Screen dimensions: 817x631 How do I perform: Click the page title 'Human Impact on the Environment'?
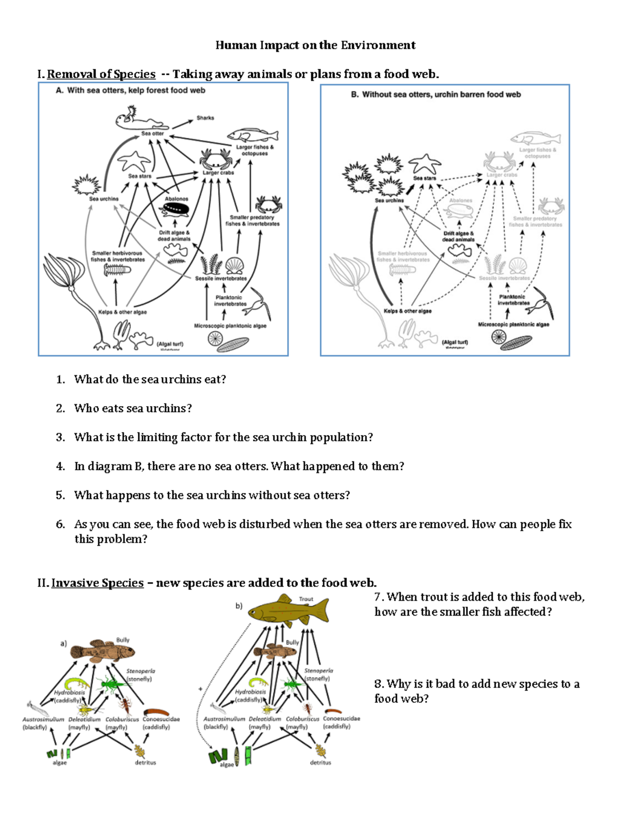(x=315, y=45)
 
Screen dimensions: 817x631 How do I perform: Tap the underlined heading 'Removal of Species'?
(x=101, y=74)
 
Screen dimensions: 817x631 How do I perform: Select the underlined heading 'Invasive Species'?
(x=97, y=583)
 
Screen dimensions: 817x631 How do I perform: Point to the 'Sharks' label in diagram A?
(x=205, y=118)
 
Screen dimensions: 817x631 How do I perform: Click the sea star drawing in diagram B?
(x=424, y=164)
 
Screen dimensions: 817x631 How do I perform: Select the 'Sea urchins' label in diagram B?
(x=389, y=200)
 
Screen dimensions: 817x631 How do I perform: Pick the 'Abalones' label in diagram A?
(x=176, y=199)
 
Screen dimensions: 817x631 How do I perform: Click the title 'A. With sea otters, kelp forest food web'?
(x=130, y=90)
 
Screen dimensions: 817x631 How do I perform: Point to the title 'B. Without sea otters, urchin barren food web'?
(x=435, y=95)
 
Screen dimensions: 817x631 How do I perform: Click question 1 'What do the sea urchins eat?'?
(x=150, y=379)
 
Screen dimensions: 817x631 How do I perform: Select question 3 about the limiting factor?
(x=223, y=437)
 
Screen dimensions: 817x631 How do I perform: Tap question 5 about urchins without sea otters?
(x=211, y=495)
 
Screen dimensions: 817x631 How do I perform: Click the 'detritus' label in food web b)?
(x=320, y=762)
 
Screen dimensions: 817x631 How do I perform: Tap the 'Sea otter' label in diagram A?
(x=152, y=134)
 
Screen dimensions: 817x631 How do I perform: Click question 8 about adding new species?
(x=476, y=691)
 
